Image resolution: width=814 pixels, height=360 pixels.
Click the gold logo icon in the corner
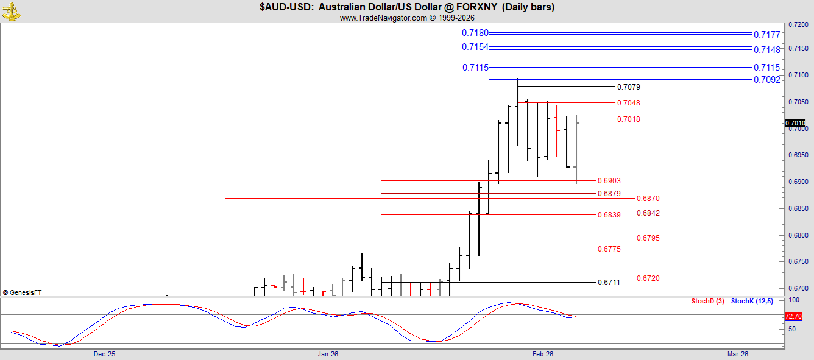tap(11, 12)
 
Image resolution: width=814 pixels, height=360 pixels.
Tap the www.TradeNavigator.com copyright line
tap(407, 18)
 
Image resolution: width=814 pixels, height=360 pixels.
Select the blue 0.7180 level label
tap(475, 33)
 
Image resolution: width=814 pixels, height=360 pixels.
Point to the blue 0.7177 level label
tap(766, 35)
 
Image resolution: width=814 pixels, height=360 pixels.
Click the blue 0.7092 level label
tap(766, 80)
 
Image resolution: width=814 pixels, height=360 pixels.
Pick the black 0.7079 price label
tap(629, 87)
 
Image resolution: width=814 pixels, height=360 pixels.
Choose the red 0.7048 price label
tap(629, 103)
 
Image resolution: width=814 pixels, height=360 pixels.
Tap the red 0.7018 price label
tap(629, 119)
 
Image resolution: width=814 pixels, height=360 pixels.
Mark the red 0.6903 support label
tap(609, 180)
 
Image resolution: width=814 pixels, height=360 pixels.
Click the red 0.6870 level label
tap(648, 199)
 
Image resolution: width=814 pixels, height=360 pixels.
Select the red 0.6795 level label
tap(648, 238)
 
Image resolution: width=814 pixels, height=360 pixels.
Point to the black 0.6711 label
tap(609, 282)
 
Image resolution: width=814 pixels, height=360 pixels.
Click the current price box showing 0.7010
tap(795, 123)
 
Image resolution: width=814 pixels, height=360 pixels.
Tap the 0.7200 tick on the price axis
tap(798, 25)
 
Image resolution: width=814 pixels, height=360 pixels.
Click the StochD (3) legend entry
tap(707, 301)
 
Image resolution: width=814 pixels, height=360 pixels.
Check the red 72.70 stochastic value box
tap(793, 316)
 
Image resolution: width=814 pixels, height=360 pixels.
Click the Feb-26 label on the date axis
tap(542, 354)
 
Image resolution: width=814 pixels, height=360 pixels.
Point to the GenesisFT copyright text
tap(22, 292)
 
